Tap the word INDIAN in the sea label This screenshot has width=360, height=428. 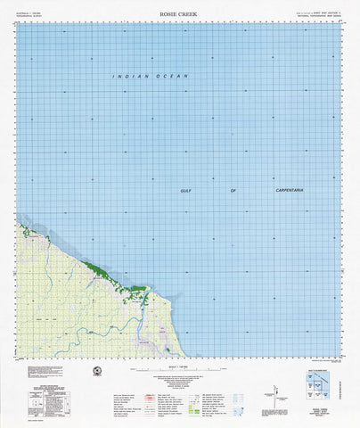point(127,78)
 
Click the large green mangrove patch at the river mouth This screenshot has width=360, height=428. point(137,288)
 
